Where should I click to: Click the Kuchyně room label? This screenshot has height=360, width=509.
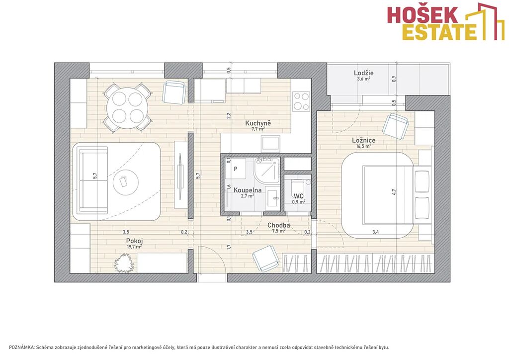click(x=258, y=123)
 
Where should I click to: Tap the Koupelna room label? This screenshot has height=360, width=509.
click(x=248, y=190)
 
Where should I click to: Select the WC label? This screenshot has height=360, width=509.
click(x=299, y=196)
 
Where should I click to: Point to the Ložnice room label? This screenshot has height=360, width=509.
click(x=364, y=140)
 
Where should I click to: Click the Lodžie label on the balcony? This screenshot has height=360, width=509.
click(x=363, y=73)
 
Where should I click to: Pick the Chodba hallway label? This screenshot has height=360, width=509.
click(x=278, y=225)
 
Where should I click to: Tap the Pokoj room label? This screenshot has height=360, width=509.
click(x=134, y=241)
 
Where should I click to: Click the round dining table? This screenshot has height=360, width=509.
click(x=128, y=107)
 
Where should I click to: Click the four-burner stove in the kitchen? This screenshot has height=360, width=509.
click(x=301, y=101)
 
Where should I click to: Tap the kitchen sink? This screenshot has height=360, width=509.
click(x=271, y=144)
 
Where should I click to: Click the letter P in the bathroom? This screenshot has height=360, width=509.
click(x=236, y=169)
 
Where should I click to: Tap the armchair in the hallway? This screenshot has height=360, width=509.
click(x=266, y=258)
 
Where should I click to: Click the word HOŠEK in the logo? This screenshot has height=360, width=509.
click(x=423, y=15)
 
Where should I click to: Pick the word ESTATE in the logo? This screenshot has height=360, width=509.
click(x=440, y=32)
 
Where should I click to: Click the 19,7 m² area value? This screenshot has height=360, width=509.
click(x=134, y=247)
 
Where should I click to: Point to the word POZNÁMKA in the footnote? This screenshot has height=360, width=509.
click(x=22, y=348)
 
